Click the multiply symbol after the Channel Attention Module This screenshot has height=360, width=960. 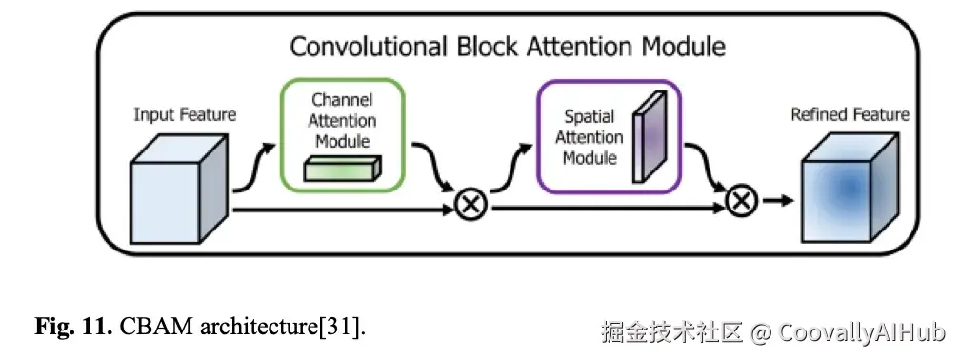tap(469, 205)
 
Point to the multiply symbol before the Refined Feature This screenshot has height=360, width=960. tap(741, 201)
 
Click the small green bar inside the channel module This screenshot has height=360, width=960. tap(342, 169)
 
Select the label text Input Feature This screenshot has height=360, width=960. tap(185, 115)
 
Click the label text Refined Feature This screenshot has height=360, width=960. tap(850, 115)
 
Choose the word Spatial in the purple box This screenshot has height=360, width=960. tap(590, 116)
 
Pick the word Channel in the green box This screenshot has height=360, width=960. tap(342, 100)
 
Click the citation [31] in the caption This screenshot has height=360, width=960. tap(347, 329)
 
